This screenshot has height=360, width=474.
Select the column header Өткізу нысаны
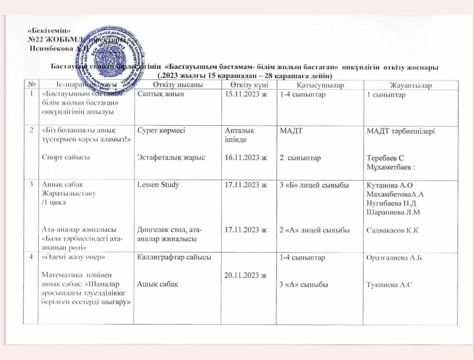coord(178,85)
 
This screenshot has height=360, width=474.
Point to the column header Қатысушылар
coord(320,85)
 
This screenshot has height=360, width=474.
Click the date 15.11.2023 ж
coord(246,94)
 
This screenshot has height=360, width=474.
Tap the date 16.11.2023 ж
coord(246,158)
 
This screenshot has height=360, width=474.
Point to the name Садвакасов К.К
coord(392,230)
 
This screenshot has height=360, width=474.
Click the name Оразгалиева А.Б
coord(394,258)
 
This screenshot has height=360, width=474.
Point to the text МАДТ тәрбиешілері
coord(401,131)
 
